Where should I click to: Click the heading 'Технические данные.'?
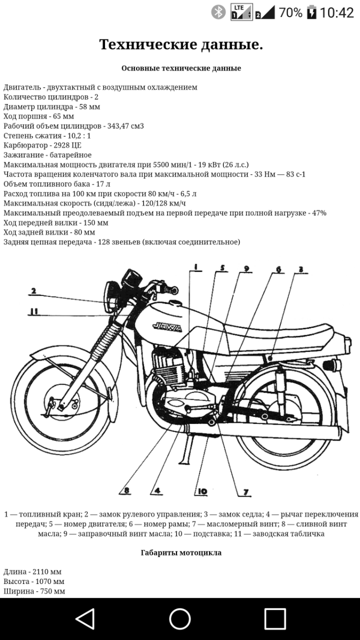coord(181,45)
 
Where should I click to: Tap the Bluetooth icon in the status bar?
coord(218,12)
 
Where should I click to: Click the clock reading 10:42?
coord(337,12)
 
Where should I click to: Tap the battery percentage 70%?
coord(290,12)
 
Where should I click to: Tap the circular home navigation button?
coord(180,619)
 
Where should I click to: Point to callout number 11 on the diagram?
coord(33,312)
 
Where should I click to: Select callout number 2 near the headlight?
coord(33,291)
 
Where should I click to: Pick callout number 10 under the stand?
coord(202,491)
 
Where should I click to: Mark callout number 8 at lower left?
coord(127,491)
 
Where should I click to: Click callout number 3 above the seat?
coord(301,269)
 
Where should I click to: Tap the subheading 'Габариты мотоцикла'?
coord(181,553)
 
